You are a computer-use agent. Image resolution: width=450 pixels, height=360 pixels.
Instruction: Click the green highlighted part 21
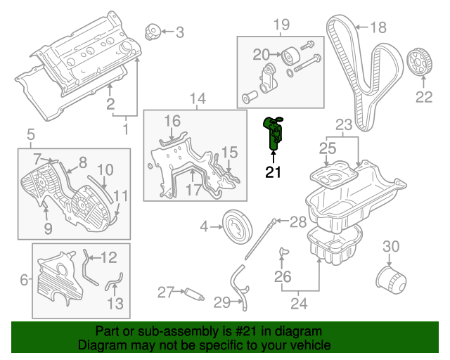[274, 132]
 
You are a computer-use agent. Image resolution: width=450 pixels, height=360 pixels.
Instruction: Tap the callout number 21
[274, 172]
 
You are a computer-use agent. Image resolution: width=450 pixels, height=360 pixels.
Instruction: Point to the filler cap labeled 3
[151, 32]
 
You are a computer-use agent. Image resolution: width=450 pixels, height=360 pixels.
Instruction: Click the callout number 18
[378, 28]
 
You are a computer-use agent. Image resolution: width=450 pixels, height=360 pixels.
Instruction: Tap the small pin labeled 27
[192, 292]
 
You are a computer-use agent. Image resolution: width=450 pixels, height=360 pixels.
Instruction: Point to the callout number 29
[221, 303]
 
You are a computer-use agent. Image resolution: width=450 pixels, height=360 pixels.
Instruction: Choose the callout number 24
[299, 304]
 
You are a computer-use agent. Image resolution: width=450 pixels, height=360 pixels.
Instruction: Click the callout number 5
[30, 134]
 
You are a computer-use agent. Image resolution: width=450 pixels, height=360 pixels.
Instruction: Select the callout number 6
[25, 281]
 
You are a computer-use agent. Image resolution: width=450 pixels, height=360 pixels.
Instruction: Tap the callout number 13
[115, 303]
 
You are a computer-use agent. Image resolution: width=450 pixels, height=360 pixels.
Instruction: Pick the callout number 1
[125, 129]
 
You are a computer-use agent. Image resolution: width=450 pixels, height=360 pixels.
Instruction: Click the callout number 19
[281, 26]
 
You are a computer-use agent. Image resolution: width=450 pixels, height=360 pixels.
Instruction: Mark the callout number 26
[283, 277]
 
